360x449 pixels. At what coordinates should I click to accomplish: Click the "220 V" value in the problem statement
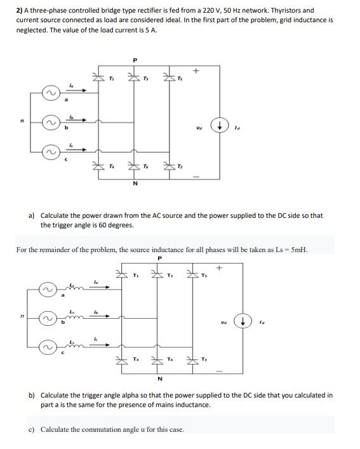[x=226, y=11]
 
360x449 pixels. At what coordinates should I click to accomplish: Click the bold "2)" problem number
[x=20, y=11]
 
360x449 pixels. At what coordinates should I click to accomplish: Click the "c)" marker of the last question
[x=32, y=429]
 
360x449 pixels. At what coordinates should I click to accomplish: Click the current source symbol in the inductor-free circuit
[x=219, y=126]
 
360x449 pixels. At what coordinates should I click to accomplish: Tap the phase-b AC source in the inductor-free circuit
[x=48, y=122]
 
